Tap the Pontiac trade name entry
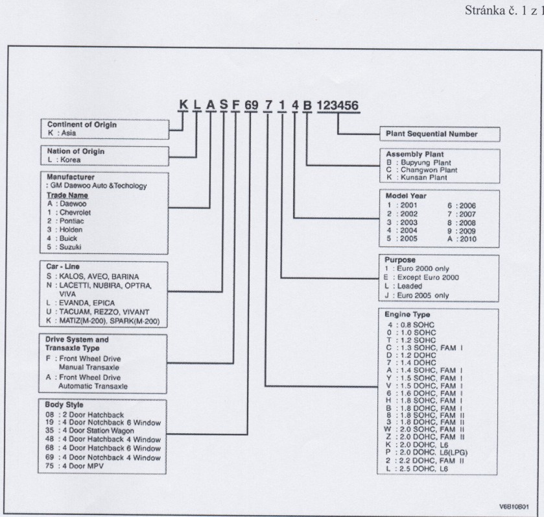66,221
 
